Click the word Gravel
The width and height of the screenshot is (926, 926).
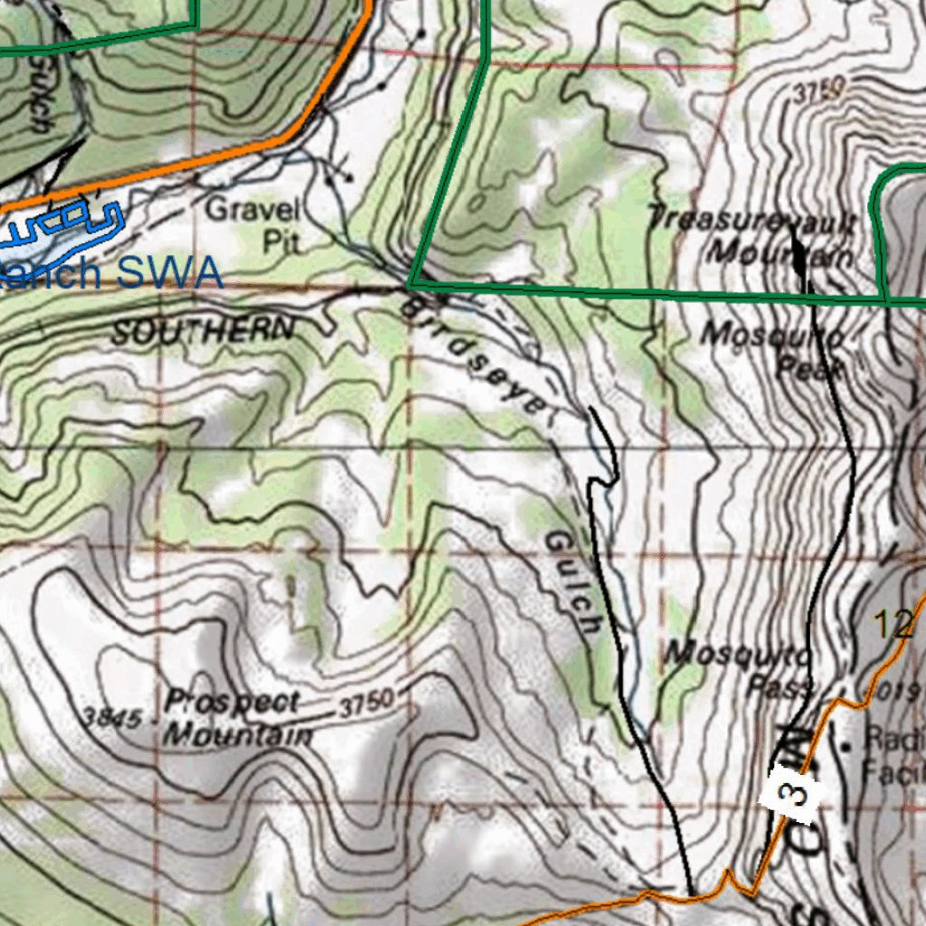point(252,211)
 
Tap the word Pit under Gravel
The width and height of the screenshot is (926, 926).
point(280,241)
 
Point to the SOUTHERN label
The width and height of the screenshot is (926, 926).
point(203,331)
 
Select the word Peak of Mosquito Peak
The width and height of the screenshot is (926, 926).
point(811,368)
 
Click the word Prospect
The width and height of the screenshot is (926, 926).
point(232,702)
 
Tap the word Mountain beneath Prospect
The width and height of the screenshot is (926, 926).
point(237,734)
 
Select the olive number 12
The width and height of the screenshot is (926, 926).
point(893,624)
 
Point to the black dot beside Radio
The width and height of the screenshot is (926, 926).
point(846,746)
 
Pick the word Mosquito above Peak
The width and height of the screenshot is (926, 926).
point(774,335)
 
